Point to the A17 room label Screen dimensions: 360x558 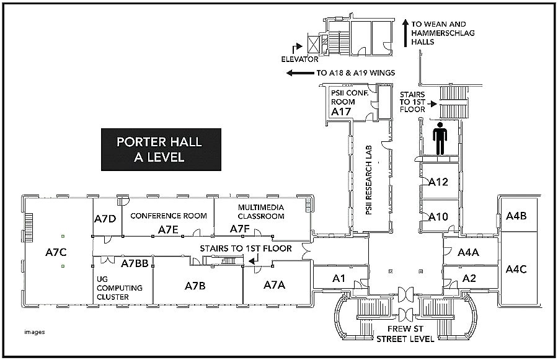(x=341, y=112)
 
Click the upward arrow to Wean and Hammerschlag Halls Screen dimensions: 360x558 (x=405, y=33)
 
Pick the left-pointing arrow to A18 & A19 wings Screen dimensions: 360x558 (x=299, y=73)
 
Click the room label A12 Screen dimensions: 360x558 (x=438, y=182)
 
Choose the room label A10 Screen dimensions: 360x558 (x=438, y=216)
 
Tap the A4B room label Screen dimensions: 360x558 (x=516, y=216)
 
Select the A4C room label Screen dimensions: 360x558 (x=516, y=269)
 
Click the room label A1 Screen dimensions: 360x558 (x=339, y=278)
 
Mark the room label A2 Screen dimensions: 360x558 (x=469, y=278)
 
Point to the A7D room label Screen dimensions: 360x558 (x=105, y=219)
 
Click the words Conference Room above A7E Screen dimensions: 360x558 (x=168, y=216)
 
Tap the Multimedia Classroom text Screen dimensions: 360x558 (x=261, y=211)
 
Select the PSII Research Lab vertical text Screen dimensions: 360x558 (x=368, y=179)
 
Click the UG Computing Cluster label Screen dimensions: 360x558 (x=120, y=288)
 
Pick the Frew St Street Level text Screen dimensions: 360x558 (x=406, y=333)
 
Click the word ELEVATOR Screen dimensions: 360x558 (x=300, y=60)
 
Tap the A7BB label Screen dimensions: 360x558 (x=135, y=263)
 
